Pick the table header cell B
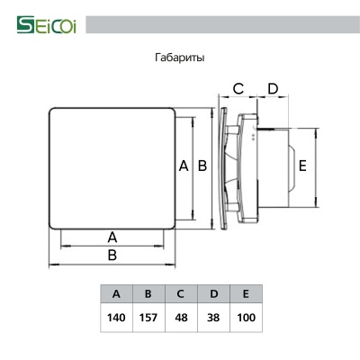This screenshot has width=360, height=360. (x=148, y=294)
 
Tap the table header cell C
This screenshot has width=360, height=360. (x=180, y=294)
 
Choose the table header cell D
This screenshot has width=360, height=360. (x=212, y=294)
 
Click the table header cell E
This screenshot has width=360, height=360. (x=245, y=294)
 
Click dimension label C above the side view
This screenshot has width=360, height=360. (x=238, y=88)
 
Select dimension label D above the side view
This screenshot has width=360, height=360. (x=272, y=88)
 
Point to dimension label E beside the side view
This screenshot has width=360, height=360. (x=302, y=166)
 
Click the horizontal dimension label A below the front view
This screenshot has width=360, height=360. (x=112, y=237)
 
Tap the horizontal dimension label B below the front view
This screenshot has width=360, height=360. (x=112, y=256)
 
